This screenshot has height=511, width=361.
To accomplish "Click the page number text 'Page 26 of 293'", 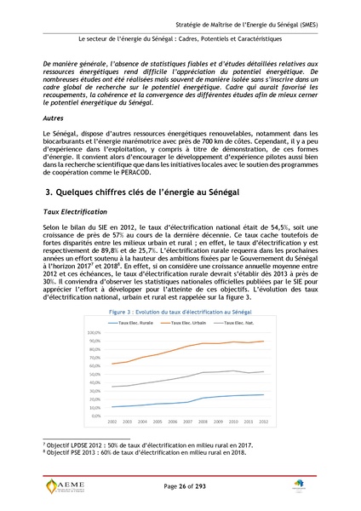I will [x=180, y=485].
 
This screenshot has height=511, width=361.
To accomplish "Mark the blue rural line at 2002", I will [x=112, y=407].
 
